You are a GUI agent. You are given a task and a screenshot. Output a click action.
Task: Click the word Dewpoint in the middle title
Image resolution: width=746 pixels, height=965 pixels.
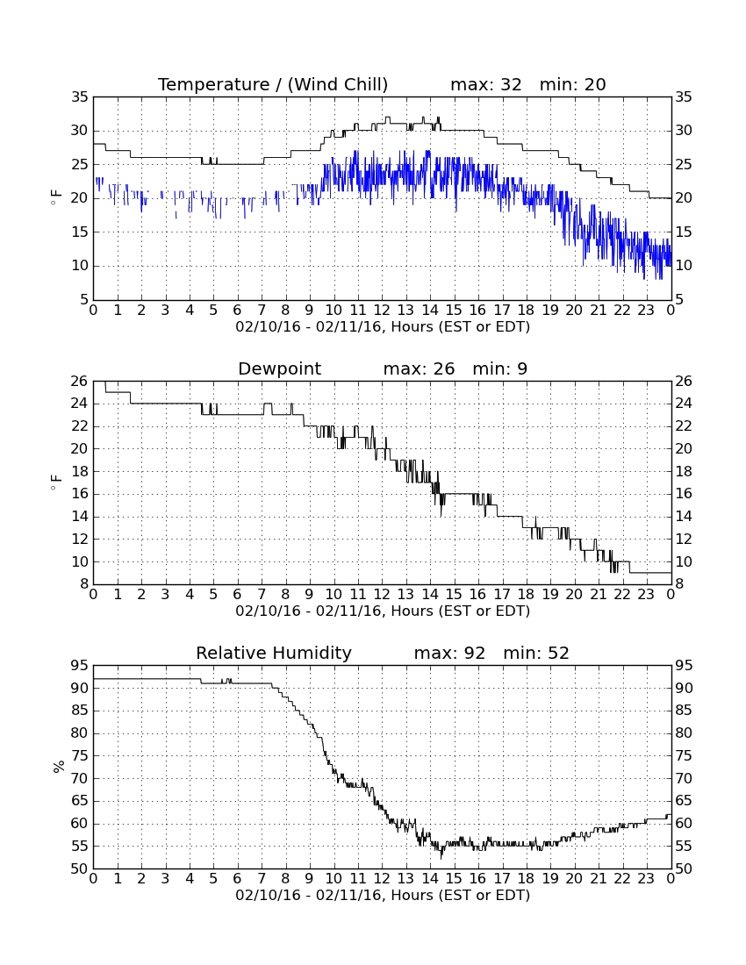[x=279, y=369]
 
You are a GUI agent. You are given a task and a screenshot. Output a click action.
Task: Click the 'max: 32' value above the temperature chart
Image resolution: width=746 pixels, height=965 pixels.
[x=486, y=84]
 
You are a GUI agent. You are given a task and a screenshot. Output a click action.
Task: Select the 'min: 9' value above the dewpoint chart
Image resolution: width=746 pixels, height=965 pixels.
[x=499, y=368]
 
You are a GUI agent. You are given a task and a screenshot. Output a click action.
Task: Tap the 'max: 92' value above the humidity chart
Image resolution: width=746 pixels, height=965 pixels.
[x=450, y=653]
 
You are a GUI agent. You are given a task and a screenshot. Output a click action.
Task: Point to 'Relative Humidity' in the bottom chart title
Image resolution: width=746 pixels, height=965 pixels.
[x=274, y=653]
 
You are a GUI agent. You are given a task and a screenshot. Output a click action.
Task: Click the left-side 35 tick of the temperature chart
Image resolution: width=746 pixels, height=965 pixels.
[x=80, y=96]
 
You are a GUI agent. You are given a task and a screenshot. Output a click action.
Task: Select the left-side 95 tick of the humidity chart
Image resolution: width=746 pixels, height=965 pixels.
[x=80, y=665]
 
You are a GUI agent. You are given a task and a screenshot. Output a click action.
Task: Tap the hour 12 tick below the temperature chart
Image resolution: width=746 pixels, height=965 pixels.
[x=382, y=311]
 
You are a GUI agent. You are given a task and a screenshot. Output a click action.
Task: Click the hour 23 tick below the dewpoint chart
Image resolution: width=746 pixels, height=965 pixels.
[x=646, y=595]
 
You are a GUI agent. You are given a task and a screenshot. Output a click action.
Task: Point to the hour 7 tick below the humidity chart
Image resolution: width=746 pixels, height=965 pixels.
[x=262, y=879]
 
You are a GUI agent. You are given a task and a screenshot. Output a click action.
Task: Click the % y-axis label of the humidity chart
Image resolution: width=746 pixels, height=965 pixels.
[x=59, y=767]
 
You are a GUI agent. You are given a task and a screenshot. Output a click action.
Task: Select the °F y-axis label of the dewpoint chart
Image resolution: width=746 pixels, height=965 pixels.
[x=56, y=482]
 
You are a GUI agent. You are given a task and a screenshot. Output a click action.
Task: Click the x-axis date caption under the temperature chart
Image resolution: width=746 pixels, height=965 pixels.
[x=383, y=327]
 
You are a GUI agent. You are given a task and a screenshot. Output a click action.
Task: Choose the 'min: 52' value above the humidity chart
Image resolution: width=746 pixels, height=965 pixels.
[x=536, y=653]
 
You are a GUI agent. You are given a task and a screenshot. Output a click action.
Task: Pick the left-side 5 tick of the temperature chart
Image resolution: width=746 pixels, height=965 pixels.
[x=84, y=300]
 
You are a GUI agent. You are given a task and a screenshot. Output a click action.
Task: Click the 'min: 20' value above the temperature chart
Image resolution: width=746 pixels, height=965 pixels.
[x=573, y=84]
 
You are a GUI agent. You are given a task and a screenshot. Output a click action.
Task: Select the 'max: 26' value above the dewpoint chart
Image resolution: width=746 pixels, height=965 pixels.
[x=420, y=368]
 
